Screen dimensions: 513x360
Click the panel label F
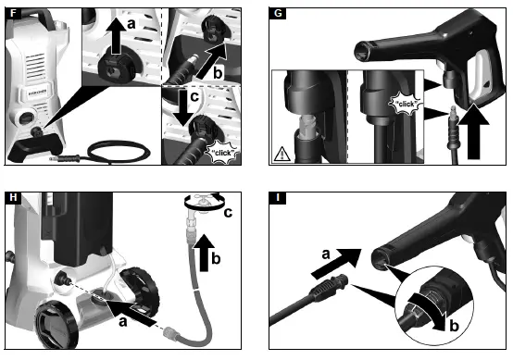point(13,13)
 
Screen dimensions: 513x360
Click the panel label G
point(278,13)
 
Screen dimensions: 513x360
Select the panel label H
point(13,197)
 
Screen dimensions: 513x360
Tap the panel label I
point(278,197)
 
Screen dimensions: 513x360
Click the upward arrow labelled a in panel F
point(116,36)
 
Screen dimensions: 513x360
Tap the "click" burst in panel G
point(406,104)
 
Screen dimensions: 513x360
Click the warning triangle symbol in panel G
point(282,154)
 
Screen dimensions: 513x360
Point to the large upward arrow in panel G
point(473,131)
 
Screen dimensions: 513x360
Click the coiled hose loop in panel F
point(119,152)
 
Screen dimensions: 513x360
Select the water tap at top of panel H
point(203,204)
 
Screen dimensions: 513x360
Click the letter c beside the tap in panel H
point(228,213)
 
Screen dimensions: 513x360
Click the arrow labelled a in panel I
point(336,263)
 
